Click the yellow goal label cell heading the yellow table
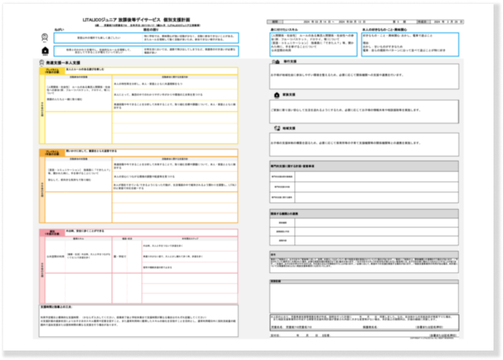click(50, 71)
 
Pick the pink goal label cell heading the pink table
click(50, 233)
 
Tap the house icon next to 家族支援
click(274, 92)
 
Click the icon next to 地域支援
click(274, 127)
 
